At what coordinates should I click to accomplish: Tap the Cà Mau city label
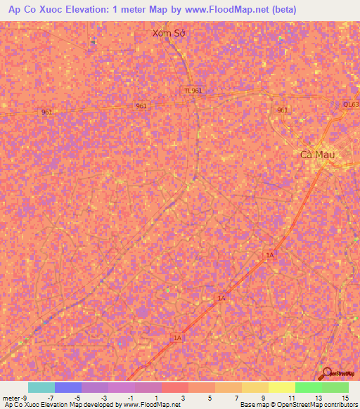[317, 155]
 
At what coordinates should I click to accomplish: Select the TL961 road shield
[193, 91]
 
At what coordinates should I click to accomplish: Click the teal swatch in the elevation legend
[41, 387]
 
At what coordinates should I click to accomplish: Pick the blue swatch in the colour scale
[68, 387]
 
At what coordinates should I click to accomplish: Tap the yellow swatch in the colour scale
[281, 387]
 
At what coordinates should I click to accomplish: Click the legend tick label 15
[345, 398]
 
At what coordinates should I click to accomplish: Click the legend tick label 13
[319, 398]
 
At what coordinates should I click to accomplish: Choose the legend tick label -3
[104, 398]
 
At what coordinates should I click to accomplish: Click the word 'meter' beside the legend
[11, 398]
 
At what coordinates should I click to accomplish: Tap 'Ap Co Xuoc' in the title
[34, 9]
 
